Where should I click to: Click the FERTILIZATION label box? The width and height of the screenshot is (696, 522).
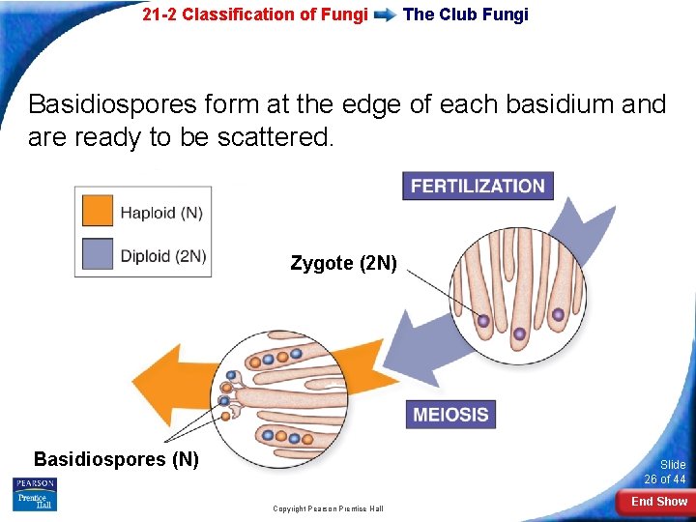[478, 186]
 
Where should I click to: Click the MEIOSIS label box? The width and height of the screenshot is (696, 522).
[450, 415]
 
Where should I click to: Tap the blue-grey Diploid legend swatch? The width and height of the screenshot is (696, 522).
[98, 255]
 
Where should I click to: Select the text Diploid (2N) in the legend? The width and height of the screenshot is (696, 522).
[163, 256]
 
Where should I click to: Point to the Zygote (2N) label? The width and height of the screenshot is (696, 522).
[343, 263]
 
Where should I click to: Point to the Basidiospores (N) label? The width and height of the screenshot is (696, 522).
[116, 459]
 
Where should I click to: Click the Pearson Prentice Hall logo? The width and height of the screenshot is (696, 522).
[35, 494]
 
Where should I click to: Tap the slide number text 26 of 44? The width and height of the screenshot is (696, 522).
[665, 479]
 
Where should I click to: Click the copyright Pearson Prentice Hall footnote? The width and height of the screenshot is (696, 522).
[328, 508]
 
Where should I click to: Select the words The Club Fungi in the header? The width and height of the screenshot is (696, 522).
[465, 14]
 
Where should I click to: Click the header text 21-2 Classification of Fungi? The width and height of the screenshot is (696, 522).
[254, 14]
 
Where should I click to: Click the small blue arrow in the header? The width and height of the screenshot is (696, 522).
[385, 15]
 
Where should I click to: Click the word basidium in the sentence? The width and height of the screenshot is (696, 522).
[568, 104]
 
